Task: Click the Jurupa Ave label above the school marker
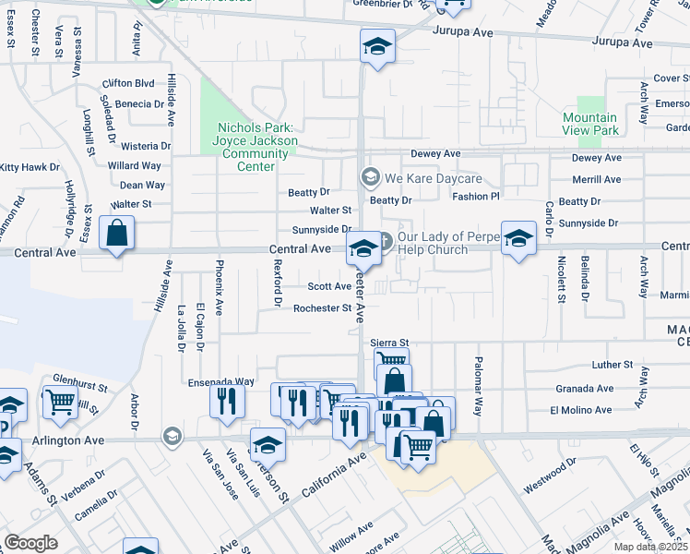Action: point(465,32)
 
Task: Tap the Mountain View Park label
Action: point(590,124)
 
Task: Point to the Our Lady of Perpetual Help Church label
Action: point(447,243)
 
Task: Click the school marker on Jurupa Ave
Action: point(376,47)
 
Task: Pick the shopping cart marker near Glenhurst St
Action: point(59,402)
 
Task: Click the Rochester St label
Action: point(323,308)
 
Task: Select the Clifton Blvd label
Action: point(128,83)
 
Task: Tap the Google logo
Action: point(30,543)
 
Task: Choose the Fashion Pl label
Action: point(475,197)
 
